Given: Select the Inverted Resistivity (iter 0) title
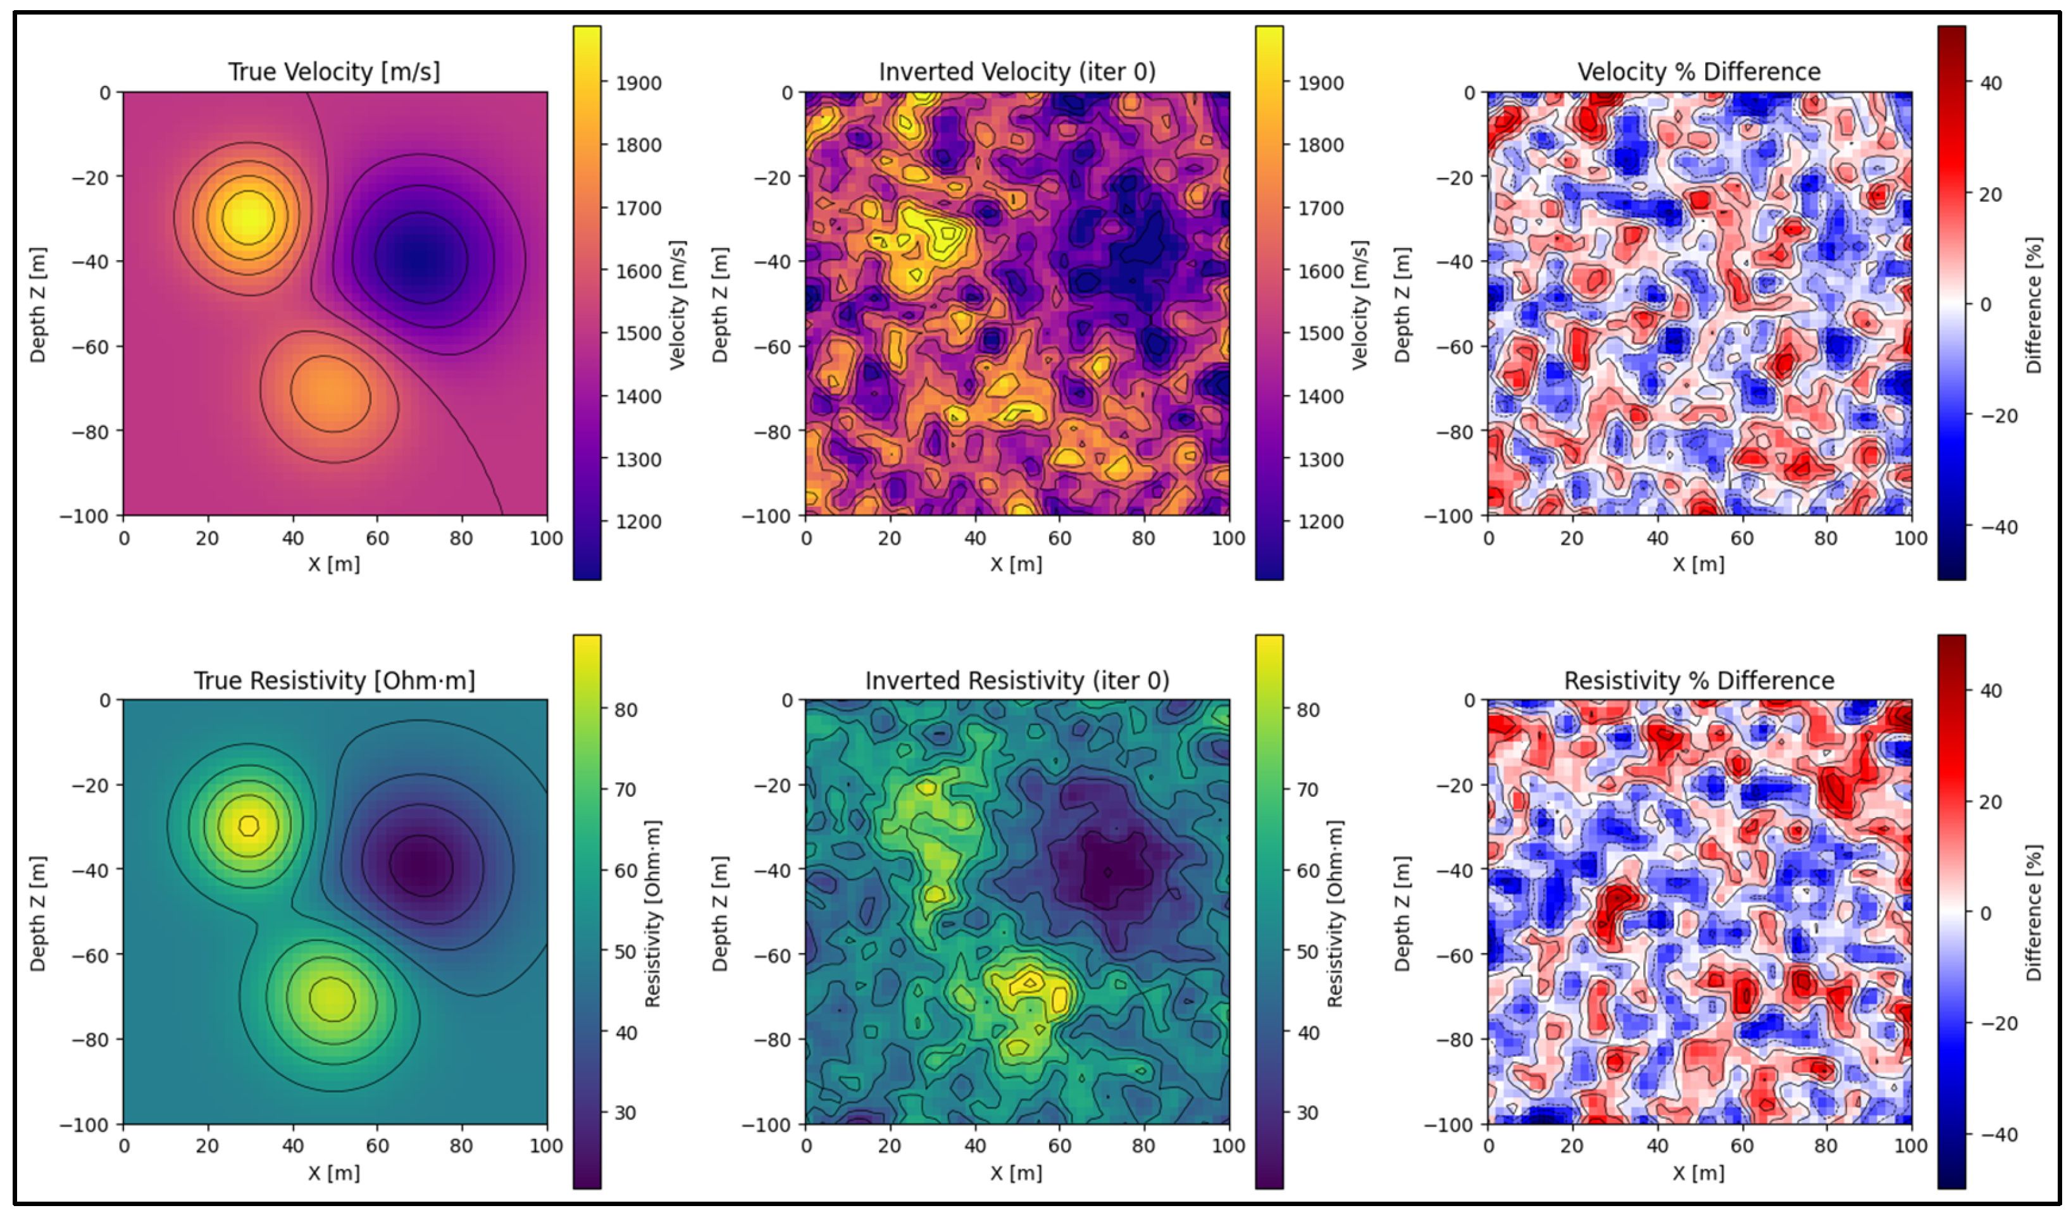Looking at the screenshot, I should [1017, 681].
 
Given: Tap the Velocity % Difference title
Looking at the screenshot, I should [1699, 72].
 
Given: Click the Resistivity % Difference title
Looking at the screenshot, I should [1699, 681].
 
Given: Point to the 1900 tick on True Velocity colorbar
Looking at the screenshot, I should [638, 83].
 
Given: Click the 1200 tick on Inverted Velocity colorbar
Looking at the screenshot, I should [1321, 522].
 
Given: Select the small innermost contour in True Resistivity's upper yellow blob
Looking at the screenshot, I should [248, 825].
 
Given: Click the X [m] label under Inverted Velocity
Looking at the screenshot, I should [1017, 565].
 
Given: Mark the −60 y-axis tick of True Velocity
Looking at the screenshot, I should [91, 346].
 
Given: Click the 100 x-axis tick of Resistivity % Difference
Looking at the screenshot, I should [1911, 1146].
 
